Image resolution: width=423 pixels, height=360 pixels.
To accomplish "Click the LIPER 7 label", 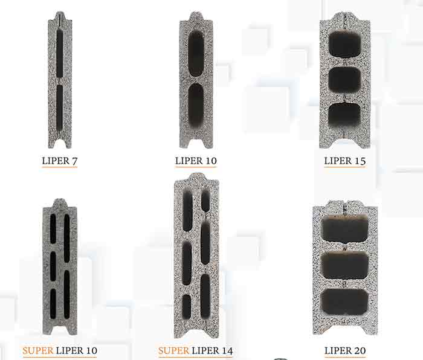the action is click(x=60, y=161).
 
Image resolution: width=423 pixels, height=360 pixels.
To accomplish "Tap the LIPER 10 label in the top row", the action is click(x=196, y=161).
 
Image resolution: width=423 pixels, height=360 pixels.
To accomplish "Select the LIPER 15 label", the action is click(x=345, y=161).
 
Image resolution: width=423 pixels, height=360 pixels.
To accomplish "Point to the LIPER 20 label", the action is click(x=345, y=350).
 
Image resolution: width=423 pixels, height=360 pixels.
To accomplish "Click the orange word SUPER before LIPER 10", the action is click(x=38, y=350).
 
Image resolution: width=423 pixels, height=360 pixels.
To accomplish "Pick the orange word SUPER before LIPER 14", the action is click(x=174, y=350).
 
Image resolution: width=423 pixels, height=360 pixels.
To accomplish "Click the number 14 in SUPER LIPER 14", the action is click(x=227, y=350).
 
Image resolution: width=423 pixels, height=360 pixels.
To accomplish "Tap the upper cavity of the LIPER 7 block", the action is click(x=60, y=53).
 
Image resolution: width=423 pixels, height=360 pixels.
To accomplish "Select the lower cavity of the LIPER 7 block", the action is click(x=60, y=108).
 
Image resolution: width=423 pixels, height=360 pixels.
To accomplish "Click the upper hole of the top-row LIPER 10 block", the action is click(x=196, y=54).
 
